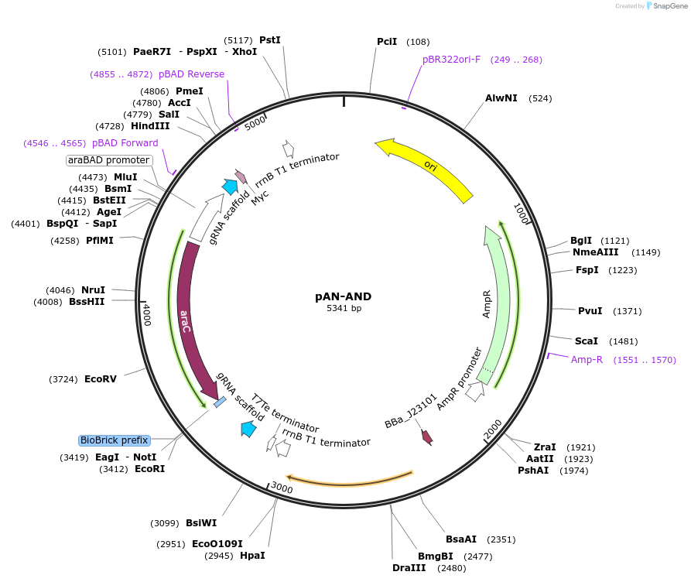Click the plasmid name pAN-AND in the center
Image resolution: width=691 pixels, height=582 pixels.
pos(344,296)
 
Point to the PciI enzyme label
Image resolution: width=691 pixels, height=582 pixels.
pos(387,41)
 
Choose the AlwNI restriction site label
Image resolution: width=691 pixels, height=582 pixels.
pos(501,98)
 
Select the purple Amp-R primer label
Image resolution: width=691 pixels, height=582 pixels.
pos(587,360)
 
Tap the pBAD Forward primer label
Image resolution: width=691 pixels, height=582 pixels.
pos(125,143)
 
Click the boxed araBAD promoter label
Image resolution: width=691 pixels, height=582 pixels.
pos(108,160)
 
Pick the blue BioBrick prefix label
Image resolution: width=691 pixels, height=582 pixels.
pos(114,440)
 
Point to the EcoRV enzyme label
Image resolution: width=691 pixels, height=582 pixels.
pos(101,379)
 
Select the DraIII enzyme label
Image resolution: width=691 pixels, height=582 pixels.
pos(408,568)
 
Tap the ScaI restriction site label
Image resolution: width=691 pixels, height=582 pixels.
pos(586,341)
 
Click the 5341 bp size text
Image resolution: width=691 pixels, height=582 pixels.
pos(344,308)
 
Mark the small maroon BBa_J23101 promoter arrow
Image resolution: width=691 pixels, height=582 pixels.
pos(426,436)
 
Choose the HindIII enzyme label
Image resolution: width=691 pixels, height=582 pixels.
pos(150,126)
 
